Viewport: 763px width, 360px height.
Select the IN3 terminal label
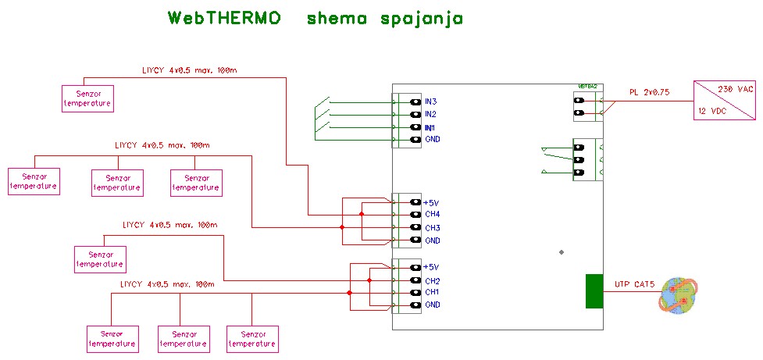(430, 102)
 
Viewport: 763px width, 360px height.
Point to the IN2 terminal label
(430, 115)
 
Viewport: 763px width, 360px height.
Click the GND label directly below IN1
(432, 140)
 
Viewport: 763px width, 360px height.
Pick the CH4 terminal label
(433, 215)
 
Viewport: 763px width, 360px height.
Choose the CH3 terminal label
(433, 228)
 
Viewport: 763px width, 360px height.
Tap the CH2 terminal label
(433, 280)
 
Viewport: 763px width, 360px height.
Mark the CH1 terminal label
(432, 292)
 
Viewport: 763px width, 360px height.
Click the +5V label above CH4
(432, 202)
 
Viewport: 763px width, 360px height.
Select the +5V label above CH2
(432, 267)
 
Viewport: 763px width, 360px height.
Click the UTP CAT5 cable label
(633, 283)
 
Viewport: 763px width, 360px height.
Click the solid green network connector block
(594, 291)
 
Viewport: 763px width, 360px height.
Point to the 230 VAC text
(735, 90)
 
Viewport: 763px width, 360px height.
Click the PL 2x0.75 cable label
(649, 92)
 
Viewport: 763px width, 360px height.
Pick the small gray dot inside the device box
(562, 252)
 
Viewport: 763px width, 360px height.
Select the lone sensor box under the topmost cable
(87, 98)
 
